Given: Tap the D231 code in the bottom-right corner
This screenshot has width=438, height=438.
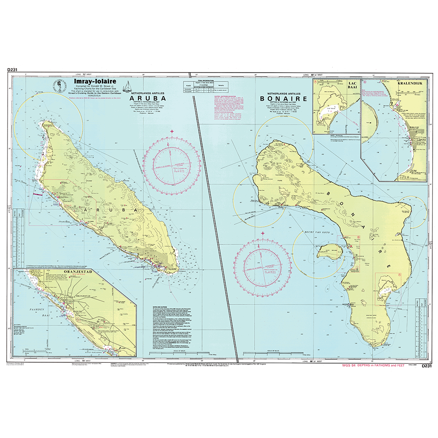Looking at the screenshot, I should (426, 366).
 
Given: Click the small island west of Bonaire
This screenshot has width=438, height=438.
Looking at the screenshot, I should (328, 252).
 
